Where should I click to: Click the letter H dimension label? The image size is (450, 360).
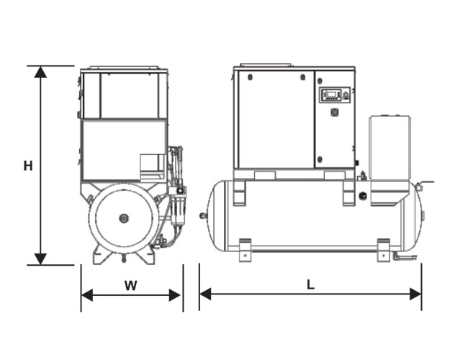28,166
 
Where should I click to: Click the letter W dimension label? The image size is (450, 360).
131,286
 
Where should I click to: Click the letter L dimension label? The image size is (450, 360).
311,285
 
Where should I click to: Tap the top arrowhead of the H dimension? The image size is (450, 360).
40,72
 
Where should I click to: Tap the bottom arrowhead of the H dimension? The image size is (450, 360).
40,259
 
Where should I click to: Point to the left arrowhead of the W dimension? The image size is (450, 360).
87,295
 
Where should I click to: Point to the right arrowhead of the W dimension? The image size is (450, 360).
175,295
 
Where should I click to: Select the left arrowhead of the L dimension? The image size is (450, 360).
205,294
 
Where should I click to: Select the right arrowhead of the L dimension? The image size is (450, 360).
415,294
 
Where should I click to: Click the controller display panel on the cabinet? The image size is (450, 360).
335,94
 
